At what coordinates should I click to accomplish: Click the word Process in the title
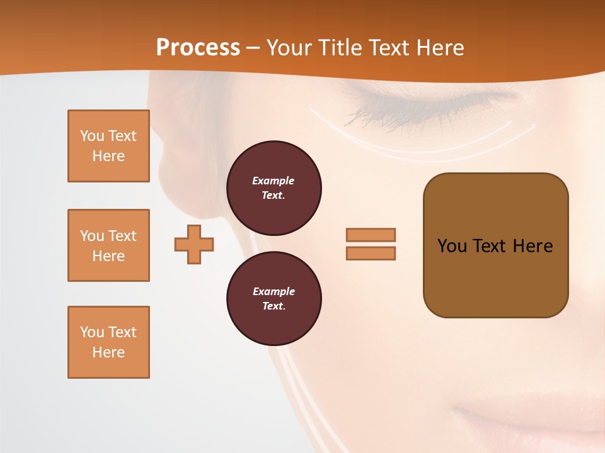[198, 48]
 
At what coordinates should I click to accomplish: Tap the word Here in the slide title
[439, 48]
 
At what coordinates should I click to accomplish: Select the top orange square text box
[108, 146]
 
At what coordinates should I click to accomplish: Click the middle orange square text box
[108, 245]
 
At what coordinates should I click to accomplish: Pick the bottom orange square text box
[108, 342]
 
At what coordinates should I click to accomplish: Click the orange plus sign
[194, 244]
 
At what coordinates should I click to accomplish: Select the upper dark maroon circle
[274, 187]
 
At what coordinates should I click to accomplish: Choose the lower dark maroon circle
[274, 298]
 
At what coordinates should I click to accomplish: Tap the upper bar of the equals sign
[371, 235]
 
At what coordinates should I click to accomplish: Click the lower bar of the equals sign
[371, 253]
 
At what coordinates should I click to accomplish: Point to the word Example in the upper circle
[274, 181]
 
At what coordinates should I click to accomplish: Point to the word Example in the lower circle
[274, 291]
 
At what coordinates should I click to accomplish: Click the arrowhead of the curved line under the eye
[533, 125]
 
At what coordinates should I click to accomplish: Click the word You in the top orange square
[91, 136]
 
